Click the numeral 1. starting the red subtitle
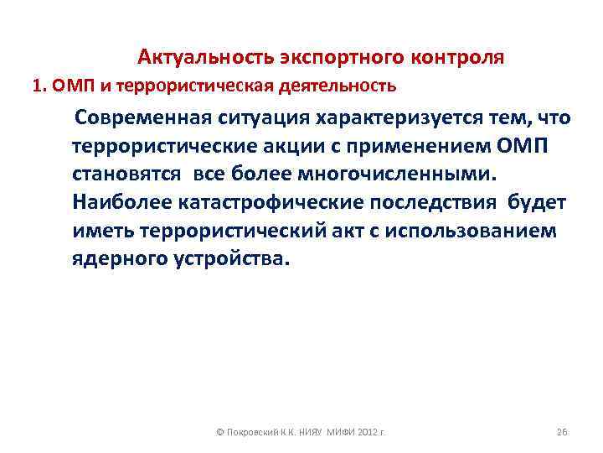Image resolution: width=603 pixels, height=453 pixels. [x=37, y=86]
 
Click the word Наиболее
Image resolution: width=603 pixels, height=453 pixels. [x=120, y=204]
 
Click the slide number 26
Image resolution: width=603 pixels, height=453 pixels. [x=562, y=432]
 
